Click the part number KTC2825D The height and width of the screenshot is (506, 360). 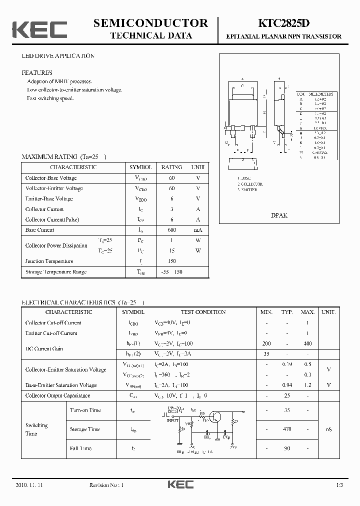[x=284, y=23]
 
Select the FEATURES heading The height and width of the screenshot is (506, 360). [x=37, y=72]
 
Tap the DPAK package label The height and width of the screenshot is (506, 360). [x=278, y=215]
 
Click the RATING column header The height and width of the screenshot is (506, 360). [x=171, y=167]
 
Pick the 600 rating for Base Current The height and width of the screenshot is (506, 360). [x=171, y=230]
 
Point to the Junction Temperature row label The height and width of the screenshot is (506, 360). [x=49, y=261]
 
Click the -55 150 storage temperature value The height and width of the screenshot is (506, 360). [x=171, y=272]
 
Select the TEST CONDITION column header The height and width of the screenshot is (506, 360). [x=203, y=312]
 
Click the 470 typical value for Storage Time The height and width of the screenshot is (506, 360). [x=287, y=429]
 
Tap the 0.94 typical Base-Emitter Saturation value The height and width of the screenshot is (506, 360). [x=287, y=385]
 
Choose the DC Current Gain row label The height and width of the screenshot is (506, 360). [x=44, y=348]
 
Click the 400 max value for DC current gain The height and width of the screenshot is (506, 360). [x=307, y=343]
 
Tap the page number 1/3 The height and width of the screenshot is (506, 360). [x=339, y=485]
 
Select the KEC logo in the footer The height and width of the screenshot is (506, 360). [x=180, y=485]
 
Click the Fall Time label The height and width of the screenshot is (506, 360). [x=80, y=448]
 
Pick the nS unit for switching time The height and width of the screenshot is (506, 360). [x=328, y=429]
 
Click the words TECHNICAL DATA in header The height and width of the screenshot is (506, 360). [x=150, y=35]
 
